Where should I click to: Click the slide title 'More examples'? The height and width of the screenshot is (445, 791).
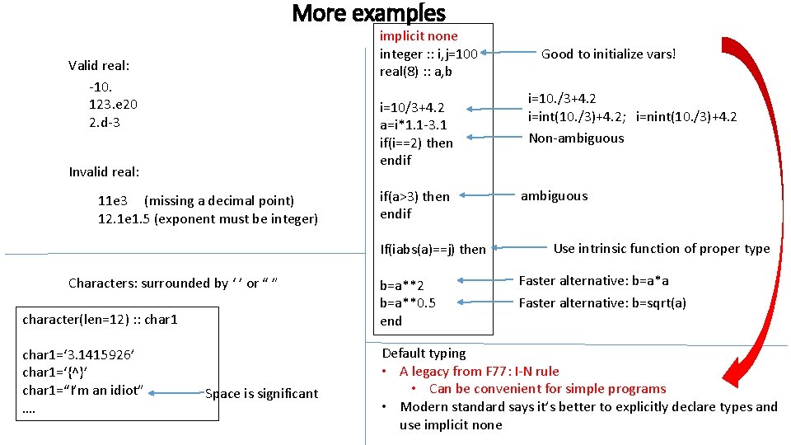pyautogui.click(x=368, y=13)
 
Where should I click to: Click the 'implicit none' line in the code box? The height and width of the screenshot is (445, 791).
pyautogui.click(x=418, y=36)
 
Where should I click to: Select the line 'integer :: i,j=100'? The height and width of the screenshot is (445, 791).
pyautogui.click(x=428, y=54)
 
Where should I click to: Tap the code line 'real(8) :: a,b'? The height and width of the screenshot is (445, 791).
pyautogui.click(x=415, y=72)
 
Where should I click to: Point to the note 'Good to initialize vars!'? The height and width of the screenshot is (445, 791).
pyautogui.click(x=608, y=54)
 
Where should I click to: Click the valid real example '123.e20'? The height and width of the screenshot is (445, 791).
pyautogui.click(x=113, y=105)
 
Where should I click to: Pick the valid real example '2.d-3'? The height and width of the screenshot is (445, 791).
pyautogui.click(x=104, y=123)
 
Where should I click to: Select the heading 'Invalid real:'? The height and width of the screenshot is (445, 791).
pyautogui.click(x=104, y=172)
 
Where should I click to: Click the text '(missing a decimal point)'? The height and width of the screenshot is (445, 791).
pyautogui.click(x=218, y=201)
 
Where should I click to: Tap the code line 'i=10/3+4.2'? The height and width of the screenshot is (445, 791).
pyautogui.click(x=411, y=108)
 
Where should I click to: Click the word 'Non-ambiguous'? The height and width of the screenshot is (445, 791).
pyautogui.click(x=576, y=138)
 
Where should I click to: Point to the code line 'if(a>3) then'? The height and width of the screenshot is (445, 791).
pyautogui.click(x=414, y=196)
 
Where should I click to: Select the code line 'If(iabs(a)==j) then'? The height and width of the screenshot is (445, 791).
pyautogui.click(x=433, y=249)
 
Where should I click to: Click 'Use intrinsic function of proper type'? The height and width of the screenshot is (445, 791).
pyautogui.click(x=661, y=248)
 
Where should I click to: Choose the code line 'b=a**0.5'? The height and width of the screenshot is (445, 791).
pyautogui.click(x=408, y=303)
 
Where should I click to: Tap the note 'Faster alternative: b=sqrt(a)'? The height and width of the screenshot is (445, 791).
pyautogui.click(x=601, y=303)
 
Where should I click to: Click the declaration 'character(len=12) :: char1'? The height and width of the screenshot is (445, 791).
pyautogui.click(x=100, y=319)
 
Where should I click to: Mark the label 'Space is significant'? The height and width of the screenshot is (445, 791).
pyautogui.click(x=261, y=394)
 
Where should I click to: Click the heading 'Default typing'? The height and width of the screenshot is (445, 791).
pyautogui.click(x=424, y=354)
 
